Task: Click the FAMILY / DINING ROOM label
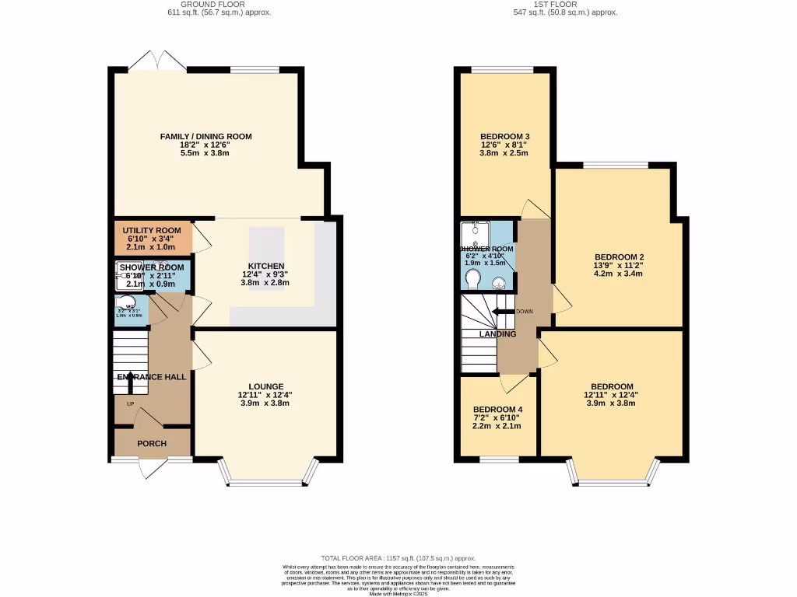coord(205,137)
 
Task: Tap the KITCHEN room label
coord(266,266)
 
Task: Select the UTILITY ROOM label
coord(152,231)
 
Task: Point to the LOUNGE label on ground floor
coord(265,386)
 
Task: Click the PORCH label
coord(152,444)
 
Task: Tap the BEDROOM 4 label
coord(497,410)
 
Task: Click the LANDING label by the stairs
coord(497,334)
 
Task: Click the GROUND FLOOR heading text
coord(219,5)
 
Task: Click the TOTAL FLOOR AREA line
coord(398,558)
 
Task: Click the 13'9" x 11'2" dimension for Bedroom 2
coord(619,265)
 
